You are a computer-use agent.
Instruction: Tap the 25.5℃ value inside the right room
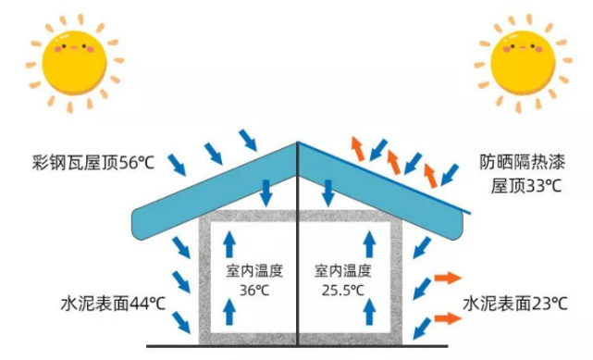(342, 289)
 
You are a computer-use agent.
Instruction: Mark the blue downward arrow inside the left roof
(266, 192)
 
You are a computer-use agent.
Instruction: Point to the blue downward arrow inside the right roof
(327, 192)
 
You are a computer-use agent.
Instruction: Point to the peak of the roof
(298, 143)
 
